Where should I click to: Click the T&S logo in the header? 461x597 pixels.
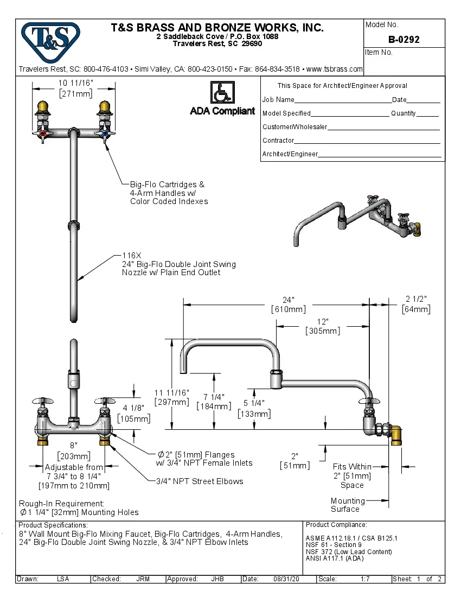click(50, 39)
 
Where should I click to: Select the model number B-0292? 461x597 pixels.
click(404, 40)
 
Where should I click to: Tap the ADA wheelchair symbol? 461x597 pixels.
click(222, 93)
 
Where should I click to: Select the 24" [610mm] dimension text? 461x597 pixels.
click(288, 304)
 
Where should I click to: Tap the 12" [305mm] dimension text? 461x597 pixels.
click(323, 326)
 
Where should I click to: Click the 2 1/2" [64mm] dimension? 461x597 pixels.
click(416, 304)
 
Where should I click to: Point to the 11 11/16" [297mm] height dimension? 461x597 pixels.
click(172, 397)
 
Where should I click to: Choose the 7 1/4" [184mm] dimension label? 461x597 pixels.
click(214, 401)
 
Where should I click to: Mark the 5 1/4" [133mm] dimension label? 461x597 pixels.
click(254, 408)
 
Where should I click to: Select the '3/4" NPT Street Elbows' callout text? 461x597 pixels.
click(200, 481)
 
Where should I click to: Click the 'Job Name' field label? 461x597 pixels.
click(278, 100)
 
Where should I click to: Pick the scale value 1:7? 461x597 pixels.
click(365, 579)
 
